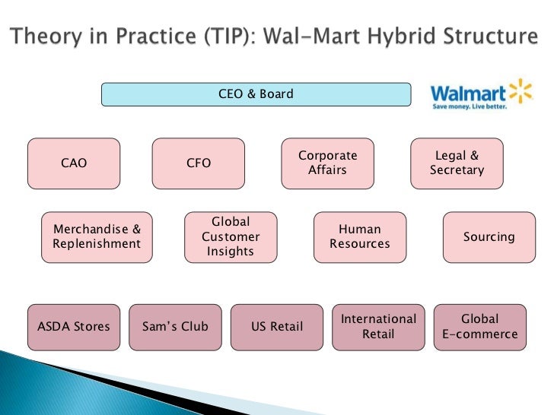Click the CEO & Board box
(256, 95)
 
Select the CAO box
(74, 163)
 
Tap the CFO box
(199, 163)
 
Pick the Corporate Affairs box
(328, 163)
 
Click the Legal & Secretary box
(457, 163)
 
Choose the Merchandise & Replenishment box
(97, 237)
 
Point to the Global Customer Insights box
(231, 236)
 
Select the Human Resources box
(360, 236)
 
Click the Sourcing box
(489, 237)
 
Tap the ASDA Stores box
(74, 328)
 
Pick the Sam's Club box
(175, 328)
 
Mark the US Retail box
(277, 328)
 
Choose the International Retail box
(378, 327)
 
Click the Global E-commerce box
(479, 327)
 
